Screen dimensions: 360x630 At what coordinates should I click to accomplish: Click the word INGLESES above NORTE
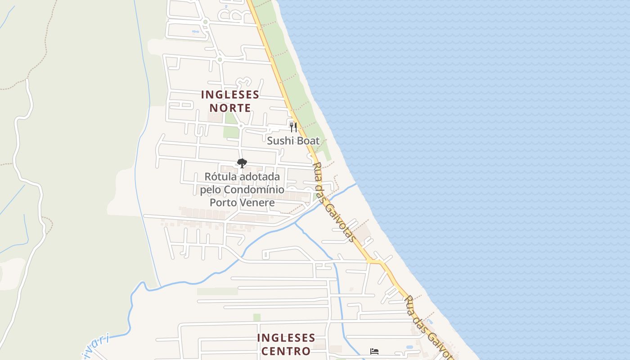230,95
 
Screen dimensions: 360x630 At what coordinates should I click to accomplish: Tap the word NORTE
230,108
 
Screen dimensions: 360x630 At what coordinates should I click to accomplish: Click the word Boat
307,141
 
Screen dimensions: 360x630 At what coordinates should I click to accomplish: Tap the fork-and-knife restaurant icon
293,127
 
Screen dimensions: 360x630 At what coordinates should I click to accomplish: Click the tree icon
242,163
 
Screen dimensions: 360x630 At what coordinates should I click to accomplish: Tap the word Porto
223,202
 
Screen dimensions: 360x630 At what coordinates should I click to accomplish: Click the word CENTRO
283,351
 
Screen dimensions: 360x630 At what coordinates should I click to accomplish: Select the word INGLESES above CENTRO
286,338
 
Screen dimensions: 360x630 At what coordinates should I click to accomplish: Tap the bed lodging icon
374,351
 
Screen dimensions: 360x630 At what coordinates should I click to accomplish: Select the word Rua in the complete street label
316,171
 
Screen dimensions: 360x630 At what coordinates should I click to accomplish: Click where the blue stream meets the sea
356,184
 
